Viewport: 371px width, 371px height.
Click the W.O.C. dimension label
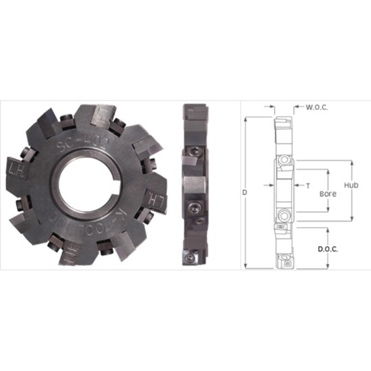[x=317, y=107]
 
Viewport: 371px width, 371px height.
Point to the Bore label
[x=327, y=194]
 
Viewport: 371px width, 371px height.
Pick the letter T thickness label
[x=308, y=184]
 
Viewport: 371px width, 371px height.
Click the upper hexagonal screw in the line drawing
[x=284, y=160]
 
